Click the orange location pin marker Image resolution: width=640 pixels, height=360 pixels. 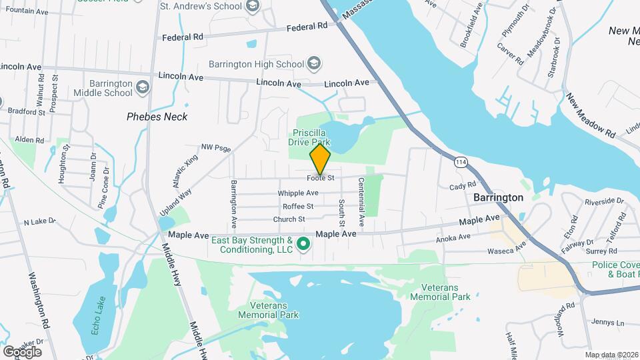pos(321,159)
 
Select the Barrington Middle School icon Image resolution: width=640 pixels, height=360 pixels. pos(142,87)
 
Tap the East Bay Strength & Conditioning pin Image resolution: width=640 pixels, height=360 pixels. pos(303,244)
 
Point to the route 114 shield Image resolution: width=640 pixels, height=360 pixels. pos(461,162)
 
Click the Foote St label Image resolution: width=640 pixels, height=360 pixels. pos(321,178)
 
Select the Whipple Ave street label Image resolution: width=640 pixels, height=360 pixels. pos(298,193)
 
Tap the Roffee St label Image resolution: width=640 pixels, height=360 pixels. pos(298,207)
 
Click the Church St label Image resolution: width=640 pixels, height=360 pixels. pos(289,219)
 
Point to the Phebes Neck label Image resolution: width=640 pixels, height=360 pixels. pos(157,117)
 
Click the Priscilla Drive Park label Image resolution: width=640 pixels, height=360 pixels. pos(309,137)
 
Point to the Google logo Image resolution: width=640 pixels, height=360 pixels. pos(22,351)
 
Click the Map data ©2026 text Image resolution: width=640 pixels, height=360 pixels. pos(611,355)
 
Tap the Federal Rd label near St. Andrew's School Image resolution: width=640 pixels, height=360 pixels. pos(307,27)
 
